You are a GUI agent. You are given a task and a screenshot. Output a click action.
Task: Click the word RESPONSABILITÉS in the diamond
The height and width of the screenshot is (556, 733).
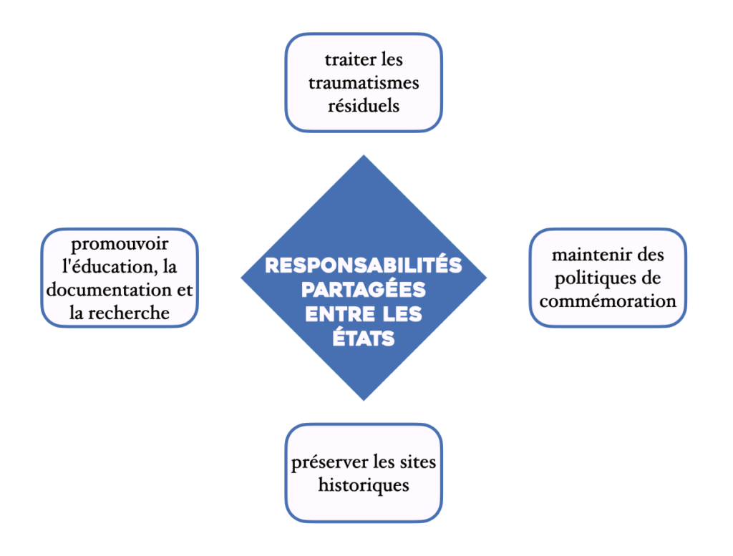click(364, 266)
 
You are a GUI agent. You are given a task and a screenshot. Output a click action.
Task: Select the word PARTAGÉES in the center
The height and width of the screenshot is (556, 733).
click(364, 290)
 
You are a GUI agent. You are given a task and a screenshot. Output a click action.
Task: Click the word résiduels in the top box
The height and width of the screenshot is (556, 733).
click(364, 106)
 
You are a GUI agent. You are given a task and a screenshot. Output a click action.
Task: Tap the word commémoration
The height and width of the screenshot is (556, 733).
click(608, 301)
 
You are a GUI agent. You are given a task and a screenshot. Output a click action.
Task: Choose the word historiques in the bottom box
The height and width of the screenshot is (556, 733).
click(364, 485)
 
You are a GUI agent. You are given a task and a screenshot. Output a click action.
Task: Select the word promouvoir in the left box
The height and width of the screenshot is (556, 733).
click(119, 243)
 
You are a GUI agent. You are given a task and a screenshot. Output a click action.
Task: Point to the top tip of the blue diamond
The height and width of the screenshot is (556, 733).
click(364, 156)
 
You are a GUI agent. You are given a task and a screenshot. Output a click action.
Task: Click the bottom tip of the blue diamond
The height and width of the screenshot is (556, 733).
click(364, 400)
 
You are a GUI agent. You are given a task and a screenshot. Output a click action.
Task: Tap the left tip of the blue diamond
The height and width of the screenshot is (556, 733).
click(242, 278)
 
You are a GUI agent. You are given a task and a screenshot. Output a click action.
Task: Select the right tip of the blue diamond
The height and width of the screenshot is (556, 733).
click(486, 278)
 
